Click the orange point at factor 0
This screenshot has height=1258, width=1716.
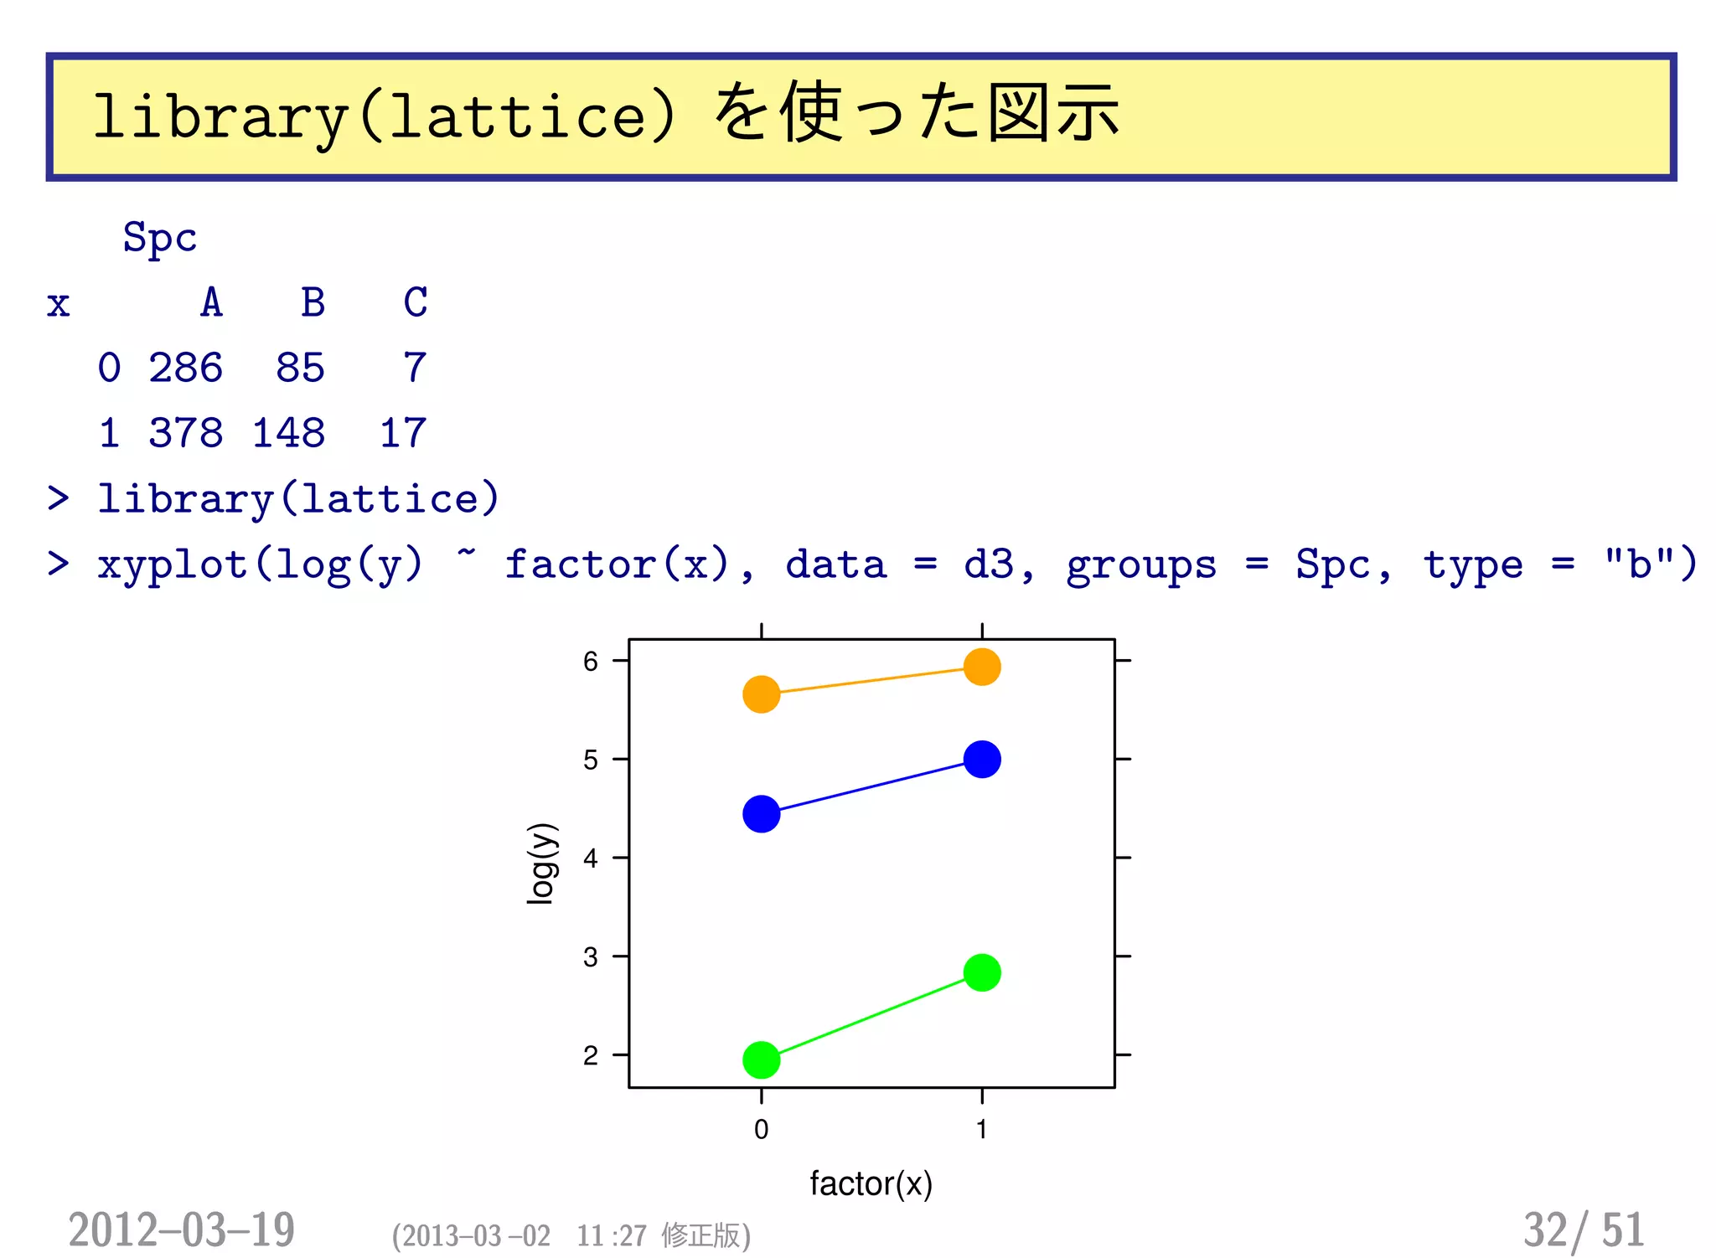coord(761,694)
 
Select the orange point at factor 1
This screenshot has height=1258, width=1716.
coord(981,667)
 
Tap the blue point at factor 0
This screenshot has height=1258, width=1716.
coord(761,813)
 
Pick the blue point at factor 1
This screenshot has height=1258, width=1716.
coord(981,759)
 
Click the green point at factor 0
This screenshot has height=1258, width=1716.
coord(761,1060)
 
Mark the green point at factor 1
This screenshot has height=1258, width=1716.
coord(981,972)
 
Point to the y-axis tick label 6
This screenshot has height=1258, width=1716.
coord(591,662)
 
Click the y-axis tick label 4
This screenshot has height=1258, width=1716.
coord(591,858)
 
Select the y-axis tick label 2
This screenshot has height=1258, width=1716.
coord(591,1055)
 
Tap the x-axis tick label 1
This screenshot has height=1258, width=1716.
coord(981,1129)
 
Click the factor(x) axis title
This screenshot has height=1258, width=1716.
coord(871,1183)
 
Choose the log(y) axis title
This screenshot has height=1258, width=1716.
coord(541,863)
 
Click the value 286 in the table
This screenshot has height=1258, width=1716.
coord(186,368)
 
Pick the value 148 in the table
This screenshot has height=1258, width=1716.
coord(288,433)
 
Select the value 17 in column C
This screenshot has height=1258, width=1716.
coord(403,433)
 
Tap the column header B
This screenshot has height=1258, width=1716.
coord(313,302)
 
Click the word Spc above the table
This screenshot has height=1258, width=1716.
coord(160,237)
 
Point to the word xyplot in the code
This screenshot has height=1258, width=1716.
coord(173,565)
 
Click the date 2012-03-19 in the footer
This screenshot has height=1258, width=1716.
coord(182,1230)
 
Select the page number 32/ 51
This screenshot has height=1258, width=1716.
coord(1583,1230)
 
